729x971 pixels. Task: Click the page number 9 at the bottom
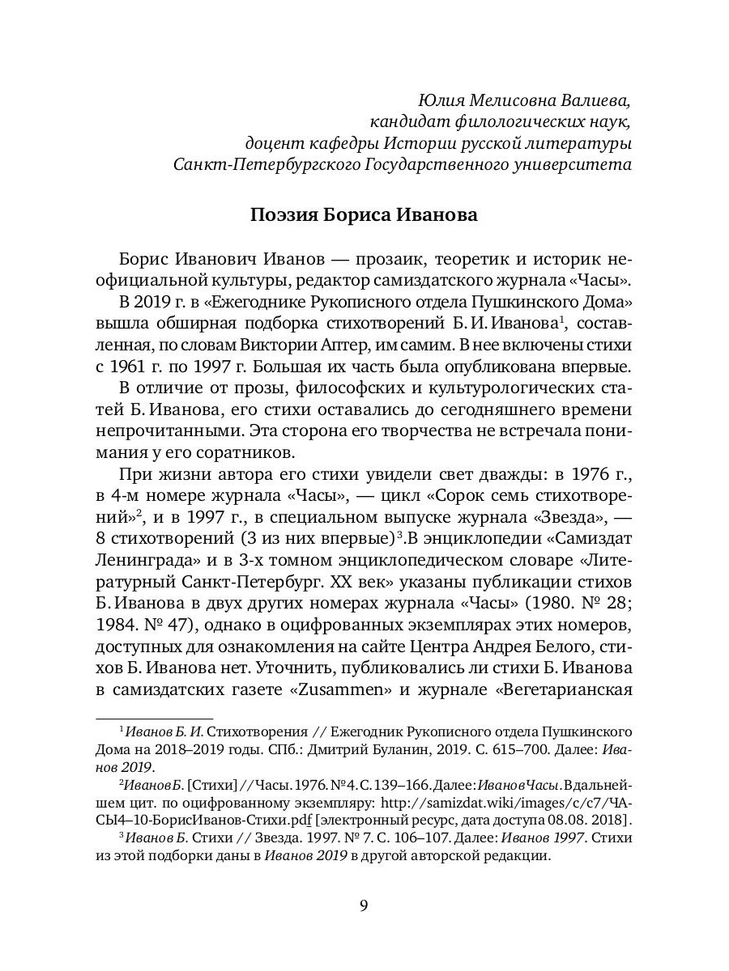(364, 905)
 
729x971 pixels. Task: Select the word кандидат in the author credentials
(403, 122)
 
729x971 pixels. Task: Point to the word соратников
(252, 450)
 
